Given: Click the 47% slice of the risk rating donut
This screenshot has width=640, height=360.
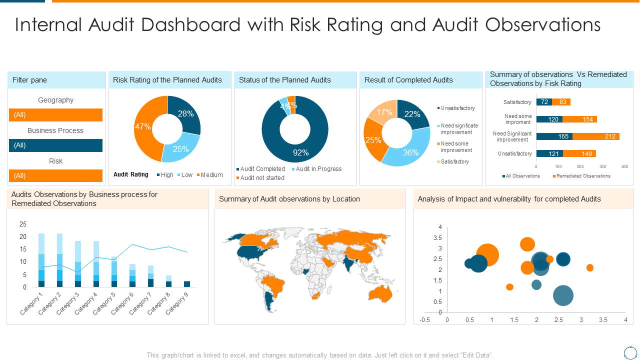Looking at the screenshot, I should tap(145, 127).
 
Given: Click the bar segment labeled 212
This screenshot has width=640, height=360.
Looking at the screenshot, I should tap(596, 136).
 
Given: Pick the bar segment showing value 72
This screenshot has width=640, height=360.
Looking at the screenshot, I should tap(544, 102).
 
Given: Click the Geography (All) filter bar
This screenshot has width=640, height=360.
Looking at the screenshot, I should tap(55, 115).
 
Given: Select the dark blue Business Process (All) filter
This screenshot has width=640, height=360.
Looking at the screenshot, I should tap(55, 145).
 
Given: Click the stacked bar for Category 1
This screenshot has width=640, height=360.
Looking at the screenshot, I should tap(41, 260).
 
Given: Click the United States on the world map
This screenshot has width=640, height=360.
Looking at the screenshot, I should tap(250, 252).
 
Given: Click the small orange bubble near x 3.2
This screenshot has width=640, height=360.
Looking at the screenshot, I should tap(590, 268).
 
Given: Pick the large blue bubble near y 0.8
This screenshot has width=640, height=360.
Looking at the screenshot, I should tap(563, 295).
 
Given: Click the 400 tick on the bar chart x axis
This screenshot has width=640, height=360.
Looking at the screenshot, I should tap(624, 166).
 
